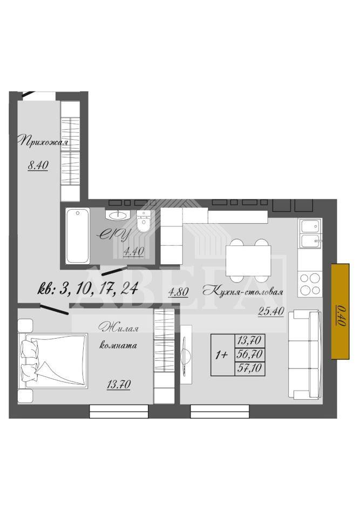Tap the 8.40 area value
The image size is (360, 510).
38,165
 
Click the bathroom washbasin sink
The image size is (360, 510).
118,214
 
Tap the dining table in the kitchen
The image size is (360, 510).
249,260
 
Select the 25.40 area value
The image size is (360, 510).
271,312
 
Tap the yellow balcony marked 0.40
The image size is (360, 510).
340,311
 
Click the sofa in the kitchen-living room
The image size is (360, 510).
305,354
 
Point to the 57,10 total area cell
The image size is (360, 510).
250,368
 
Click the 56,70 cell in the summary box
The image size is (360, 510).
250,354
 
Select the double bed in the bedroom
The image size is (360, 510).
53,360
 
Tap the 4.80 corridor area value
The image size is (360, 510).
178,292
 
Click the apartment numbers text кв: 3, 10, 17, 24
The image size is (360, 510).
89,288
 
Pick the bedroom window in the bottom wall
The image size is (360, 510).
119,411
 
